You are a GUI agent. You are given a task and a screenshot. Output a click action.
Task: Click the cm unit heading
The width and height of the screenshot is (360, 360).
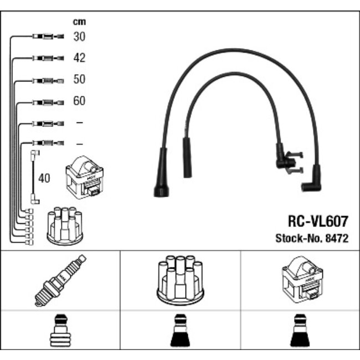click(x=80, y=22)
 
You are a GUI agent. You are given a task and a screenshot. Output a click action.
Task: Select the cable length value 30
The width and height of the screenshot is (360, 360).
click(x=80, y=37)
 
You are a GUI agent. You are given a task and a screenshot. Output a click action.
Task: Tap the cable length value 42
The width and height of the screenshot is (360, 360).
click(x=80, y=58)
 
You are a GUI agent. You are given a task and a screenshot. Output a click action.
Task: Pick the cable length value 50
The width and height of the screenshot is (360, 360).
click(x=80, y=80)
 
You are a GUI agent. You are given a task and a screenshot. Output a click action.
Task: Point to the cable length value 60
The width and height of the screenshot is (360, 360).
click(x=80, y=101)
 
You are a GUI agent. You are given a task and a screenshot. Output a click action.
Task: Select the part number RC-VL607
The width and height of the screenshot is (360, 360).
click(x=317, y=222)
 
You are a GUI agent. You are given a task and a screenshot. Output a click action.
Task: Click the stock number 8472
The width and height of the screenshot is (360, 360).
click(x=338, y=239)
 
